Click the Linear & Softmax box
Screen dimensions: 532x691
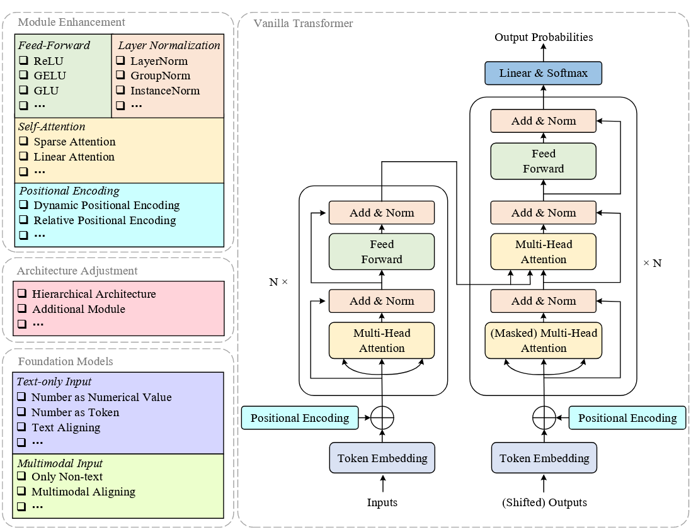(543, 73)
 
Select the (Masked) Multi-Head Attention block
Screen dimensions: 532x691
(543, 341)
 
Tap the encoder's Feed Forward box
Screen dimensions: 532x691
(382, 252)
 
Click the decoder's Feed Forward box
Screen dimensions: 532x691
(543, 161)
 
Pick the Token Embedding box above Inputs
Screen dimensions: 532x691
(382, 458)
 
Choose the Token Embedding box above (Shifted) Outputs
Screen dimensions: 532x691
(544, 458)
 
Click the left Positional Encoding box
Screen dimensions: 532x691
(299, 418)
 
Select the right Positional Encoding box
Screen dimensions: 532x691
(627, 418)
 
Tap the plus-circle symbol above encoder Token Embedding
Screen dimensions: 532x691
(382, 417)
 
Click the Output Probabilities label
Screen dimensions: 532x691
(543, 37)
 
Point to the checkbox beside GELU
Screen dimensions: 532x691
(23, 76)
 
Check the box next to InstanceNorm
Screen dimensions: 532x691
(120, 91)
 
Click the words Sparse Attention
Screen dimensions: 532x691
(74, 142)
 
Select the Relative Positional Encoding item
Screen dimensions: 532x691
(105, 220)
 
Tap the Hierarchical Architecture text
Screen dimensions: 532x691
(94, 294)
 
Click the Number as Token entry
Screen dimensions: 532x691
(75, 412)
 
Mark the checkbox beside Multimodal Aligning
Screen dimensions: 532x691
(21, 492)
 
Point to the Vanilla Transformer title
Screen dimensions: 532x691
(303, 23)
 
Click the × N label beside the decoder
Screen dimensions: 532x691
(652, 263)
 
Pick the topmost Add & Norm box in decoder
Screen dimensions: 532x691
(543, 121)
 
